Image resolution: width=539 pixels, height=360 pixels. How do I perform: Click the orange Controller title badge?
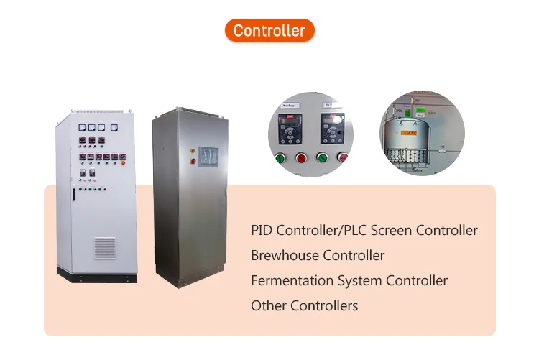269,30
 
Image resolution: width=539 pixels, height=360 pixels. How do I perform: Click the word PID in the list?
261,231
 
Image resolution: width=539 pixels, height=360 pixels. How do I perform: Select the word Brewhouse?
285,255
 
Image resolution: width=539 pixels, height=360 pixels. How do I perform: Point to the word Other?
267,305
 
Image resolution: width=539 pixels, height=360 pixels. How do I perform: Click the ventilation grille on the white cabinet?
104,248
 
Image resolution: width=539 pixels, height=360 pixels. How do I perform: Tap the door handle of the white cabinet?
73,193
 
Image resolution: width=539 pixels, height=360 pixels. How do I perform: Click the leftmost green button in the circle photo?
280,159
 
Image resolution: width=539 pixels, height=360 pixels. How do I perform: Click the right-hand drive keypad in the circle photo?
333,133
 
